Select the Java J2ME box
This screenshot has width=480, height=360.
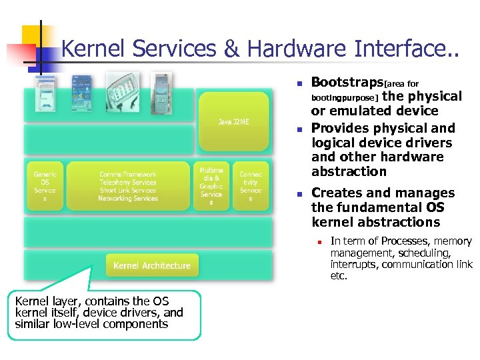pyautogui.click(x=233, y=121)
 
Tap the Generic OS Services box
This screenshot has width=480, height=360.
pyautogui.click(x=45, y=186)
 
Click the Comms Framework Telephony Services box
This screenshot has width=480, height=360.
pyautogui.click(x=128, y=186)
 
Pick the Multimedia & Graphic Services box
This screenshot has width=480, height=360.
pyautogui.click(x=211, y=186)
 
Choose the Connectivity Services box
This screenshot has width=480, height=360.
pyautogui.click(x=251, y=186)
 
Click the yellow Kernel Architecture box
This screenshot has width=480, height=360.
pyautogui.click(x=152, y=265)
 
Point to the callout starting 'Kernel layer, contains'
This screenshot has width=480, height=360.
pyautogui.click(x=100, y=313)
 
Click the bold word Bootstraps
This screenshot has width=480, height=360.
pyautogui.click(x=347, y=83)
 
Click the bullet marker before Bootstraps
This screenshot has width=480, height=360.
pyautogui.click(x=300, y=84)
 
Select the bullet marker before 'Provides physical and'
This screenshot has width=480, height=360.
pyautogui.click(x=300, y=129)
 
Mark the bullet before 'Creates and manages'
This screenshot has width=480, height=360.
pyautogui.click(x=300, y=194)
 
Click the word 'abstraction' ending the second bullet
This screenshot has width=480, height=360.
pyautogui.click(x=349, y=171)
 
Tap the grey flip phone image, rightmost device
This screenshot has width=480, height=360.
pyautogui.click(x=161, y=87)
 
